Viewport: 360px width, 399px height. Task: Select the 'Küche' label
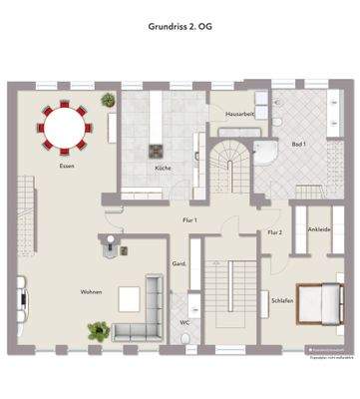click(163, 168)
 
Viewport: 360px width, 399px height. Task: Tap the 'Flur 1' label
click(189, 218)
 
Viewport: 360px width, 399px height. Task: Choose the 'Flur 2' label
click(275, 232)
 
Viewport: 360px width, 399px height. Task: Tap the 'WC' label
click(184, 322)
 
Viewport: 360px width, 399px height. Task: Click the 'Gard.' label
click(180, 263)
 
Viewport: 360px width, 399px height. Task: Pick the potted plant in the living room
click(99, 329)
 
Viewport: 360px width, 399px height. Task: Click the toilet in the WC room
click(186, 340)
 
